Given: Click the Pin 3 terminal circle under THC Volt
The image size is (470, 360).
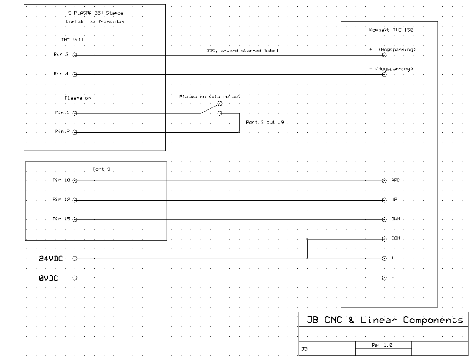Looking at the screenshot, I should pos(75,55).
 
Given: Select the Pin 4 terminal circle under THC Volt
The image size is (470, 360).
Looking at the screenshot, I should pos(75,74).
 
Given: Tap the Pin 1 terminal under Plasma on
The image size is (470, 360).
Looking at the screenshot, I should pos(75,113).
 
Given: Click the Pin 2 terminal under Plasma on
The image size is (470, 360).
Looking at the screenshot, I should pos(75,132).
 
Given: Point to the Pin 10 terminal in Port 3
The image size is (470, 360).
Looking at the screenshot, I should pos(75,181).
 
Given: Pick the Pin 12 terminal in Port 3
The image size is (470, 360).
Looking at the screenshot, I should pos(75,200).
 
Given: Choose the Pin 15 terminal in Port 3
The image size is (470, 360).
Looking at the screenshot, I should pos(75,219).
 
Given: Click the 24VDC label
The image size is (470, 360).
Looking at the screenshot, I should pos(52,259).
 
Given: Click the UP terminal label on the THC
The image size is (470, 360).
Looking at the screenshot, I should pos(394,200).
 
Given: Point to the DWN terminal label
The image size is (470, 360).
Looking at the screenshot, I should pos(395,219).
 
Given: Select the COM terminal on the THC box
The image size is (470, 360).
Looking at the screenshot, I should pos(385,239).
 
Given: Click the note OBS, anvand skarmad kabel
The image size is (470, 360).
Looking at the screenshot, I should pos(242,51).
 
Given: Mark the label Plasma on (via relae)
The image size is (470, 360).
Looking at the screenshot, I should pos(210,96).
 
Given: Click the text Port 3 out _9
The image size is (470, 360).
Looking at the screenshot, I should pos(265,123).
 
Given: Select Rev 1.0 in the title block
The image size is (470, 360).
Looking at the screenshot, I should pos(383,344).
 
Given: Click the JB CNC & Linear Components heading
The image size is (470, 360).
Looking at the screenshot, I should pos(381,320).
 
